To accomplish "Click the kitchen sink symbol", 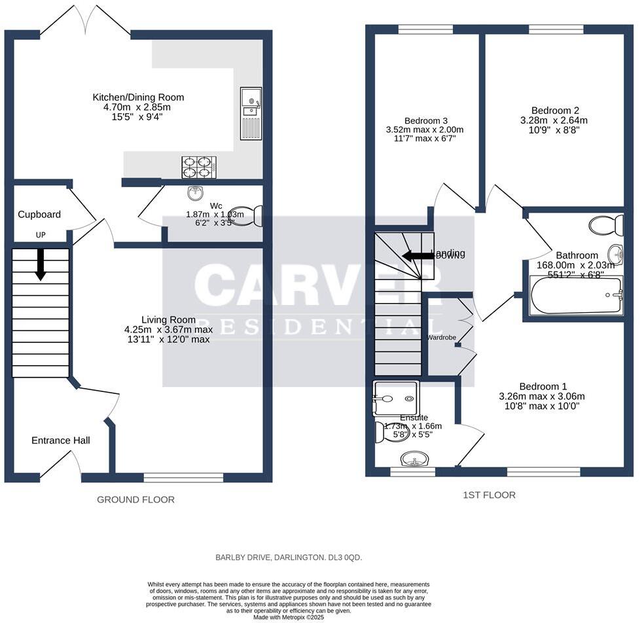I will [x=251, y=113].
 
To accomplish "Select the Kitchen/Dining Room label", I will [x=138, y=98].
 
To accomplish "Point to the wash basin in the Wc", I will [x=195, y=192].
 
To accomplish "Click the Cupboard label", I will [x=39, y=215].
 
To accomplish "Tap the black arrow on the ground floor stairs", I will [x=41, y=263].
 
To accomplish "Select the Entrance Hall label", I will [x=61, y=440].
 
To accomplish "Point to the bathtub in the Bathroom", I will [x=576, y=295].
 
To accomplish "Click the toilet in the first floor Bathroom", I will [x=606, y=226].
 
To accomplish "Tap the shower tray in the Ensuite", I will [x=395, y=398].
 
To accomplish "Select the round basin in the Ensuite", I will [x=414, y=459].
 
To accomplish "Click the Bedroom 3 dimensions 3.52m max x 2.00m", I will [x=425, y=130].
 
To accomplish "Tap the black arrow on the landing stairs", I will [x=417, y=256].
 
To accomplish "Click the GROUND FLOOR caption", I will [x=135, y=499].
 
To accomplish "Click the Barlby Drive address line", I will [x=289, y=558].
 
